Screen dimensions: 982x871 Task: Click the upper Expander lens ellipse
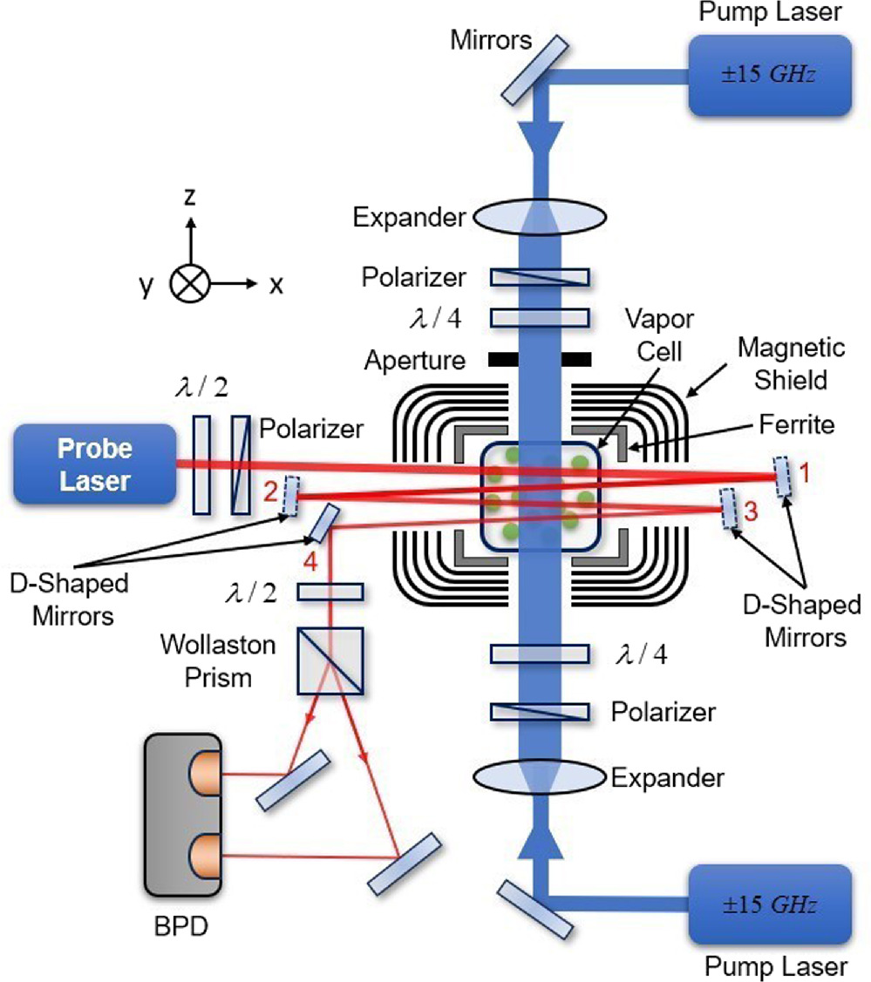pos(540,216)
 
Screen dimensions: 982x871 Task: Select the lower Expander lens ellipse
pos(540,776)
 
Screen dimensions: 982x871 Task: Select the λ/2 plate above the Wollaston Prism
pos(331,593)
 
